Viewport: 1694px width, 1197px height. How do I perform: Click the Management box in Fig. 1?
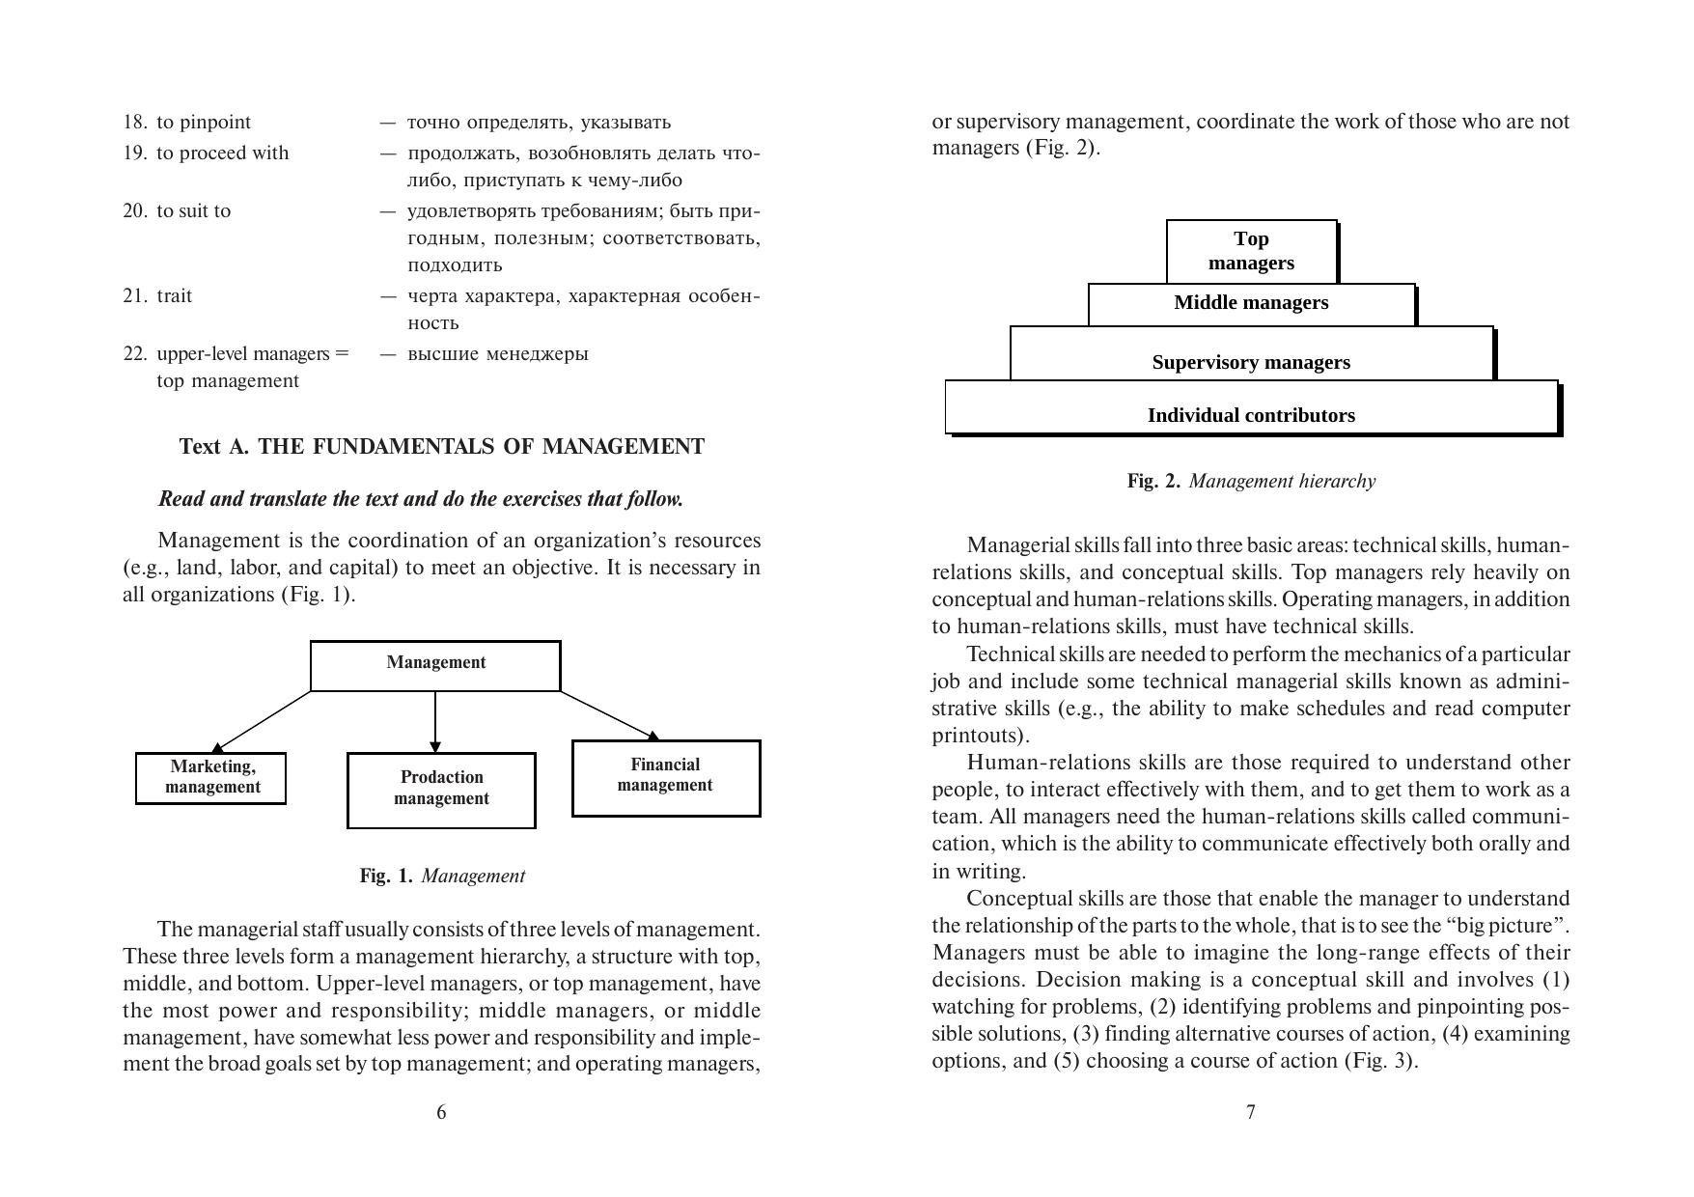pos(435,665)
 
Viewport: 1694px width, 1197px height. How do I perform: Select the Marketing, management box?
pos(210,777)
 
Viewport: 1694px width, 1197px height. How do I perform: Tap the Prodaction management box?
pos(441,790)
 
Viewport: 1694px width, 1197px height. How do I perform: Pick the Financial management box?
pos(666,777)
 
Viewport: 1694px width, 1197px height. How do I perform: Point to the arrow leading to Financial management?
pos(610,716)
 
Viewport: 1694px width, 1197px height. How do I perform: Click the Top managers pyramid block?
pos(1251,251)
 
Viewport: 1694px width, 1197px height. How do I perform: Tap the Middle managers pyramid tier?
pos(1251,303)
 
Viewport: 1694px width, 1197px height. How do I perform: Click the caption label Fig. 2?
pos(1153,481)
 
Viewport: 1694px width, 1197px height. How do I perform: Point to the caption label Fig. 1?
pos(386,876)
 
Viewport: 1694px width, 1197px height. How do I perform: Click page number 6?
pos(441,1112)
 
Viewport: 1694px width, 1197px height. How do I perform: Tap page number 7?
pos(1251,1112)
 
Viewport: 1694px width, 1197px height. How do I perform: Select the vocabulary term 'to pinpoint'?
pos(204,123)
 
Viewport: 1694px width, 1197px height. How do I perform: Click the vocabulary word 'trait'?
pos(175,295)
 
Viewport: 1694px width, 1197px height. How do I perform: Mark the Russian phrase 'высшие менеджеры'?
pos(497,353)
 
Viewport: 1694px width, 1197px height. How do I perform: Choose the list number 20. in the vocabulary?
pos(135,210)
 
